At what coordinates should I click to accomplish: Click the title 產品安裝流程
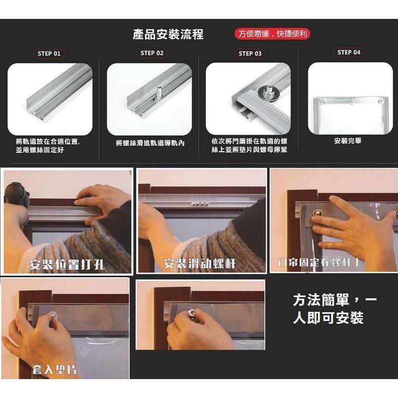[x=168, y=34]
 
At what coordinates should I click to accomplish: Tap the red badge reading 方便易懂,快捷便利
[x=272, y=34]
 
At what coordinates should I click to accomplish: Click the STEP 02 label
[x=152, y=53]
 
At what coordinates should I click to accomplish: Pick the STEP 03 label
[x=250, y=53]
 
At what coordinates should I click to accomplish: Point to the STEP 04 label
[x=348, y=52]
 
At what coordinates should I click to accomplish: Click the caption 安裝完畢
[x=348, y=141]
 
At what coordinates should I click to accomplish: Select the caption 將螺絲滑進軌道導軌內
[x=150, y=143]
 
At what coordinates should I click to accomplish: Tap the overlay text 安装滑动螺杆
[x=199, y=263]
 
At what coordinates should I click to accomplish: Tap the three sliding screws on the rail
[x=200, y=203]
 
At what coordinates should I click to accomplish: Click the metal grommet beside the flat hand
[x=315, y=214]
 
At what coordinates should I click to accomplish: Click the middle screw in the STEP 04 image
[x=351, y=102]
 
